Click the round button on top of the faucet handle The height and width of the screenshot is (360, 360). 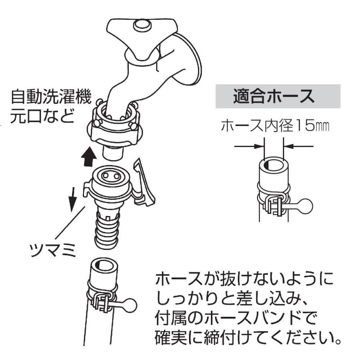[142, 25]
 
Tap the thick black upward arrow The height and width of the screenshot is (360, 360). [89, 157]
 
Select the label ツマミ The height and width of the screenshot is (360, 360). [53, 250]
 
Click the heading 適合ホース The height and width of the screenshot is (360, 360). [274, 96]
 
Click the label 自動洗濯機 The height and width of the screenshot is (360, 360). [51, 97]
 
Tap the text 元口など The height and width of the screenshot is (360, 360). [43, 116]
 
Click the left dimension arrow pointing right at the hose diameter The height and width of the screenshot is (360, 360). [249, 146]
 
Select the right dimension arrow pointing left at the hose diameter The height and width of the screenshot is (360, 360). [299, 146]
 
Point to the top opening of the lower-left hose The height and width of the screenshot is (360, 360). [105, 265]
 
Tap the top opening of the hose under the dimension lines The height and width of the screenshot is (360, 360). [274, 164]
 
